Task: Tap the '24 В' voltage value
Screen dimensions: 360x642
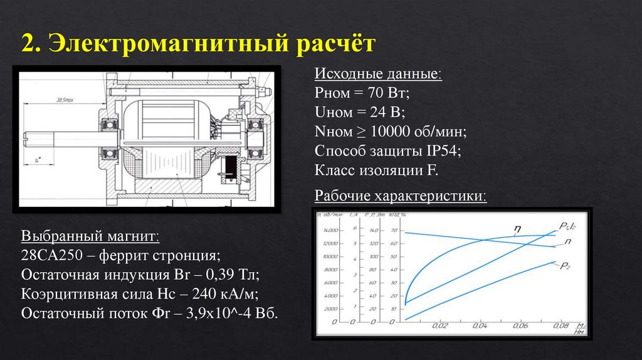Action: (x=384, y=113)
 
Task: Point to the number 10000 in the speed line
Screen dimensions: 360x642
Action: (x=394, y=132)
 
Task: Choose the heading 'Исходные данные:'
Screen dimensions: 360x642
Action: (x=377, y=75)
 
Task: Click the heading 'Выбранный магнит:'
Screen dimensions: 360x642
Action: (x=90, y=236)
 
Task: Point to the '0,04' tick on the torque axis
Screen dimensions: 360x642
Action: (x=480, y=326)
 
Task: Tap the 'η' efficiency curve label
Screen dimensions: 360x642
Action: (x=518, y=228)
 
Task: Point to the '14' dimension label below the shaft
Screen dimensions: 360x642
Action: (x=38, y=161)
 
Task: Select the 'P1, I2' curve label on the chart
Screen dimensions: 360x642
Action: (x=568, y=226)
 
